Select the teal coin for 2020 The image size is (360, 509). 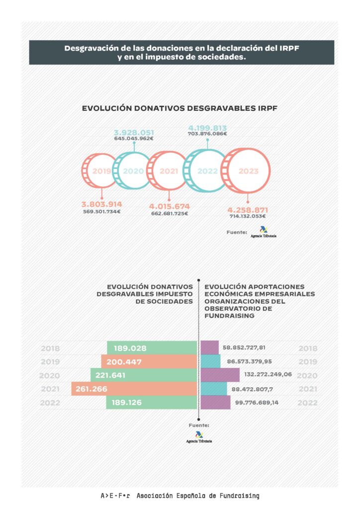(x=132, y=171)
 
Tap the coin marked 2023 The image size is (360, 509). (x=248, y=171)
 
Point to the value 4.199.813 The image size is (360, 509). (x=207, y=126)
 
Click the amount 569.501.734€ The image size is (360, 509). (x=102, y=212)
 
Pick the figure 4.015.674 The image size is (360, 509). (x=170, y=206)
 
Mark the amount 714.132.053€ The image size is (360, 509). (x=247, y=216)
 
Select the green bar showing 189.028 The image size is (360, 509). (x=152, y=348)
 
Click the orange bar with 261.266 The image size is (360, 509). (x=134, y=389)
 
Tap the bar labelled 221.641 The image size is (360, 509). (x=144, y=375)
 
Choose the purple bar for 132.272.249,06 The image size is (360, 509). (x=220, y=375)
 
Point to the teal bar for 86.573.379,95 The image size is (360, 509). (x=210, y=361)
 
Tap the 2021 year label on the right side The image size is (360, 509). (x=307, y=389)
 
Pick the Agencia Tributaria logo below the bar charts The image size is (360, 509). (x=199, y=438)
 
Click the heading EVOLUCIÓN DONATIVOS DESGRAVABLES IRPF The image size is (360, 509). (x=180, y=107)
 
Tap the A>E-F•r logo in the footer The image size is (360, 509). (x=115, y=496)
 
